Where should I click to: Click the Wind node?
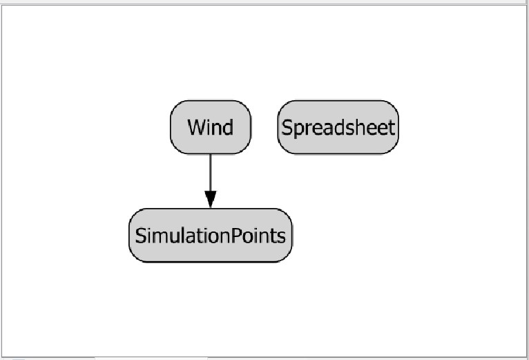click(x=211, y=127)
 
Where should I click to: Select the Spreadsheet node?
click(x=338, y=127)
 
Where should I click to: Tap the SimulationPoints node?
click(x=211, y=236)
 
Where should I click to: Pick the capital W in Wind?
click(x=196, y=127)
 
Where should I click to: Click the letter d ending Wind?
click(x=227, y=127)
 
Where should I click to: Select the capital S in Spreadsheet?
click(x=287, y=127)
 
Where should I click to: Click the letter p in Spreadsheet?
click(x=296, y=129)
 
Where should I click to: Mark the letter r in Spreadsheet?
click(x=305, y=128)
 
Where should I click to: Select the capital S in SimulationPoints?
click(x=140, y=236)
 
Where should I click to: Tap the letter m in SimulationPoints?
click(x=157, y=236)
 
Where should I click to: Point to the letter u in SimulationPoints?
click(x=170, y=236)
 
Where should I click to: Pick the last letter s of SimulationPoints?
click(x=280, y=236)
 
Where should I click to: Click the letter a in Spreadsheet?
click(x=324, y=128)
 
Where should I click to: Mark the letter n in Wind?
click(x=216, y=128)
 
